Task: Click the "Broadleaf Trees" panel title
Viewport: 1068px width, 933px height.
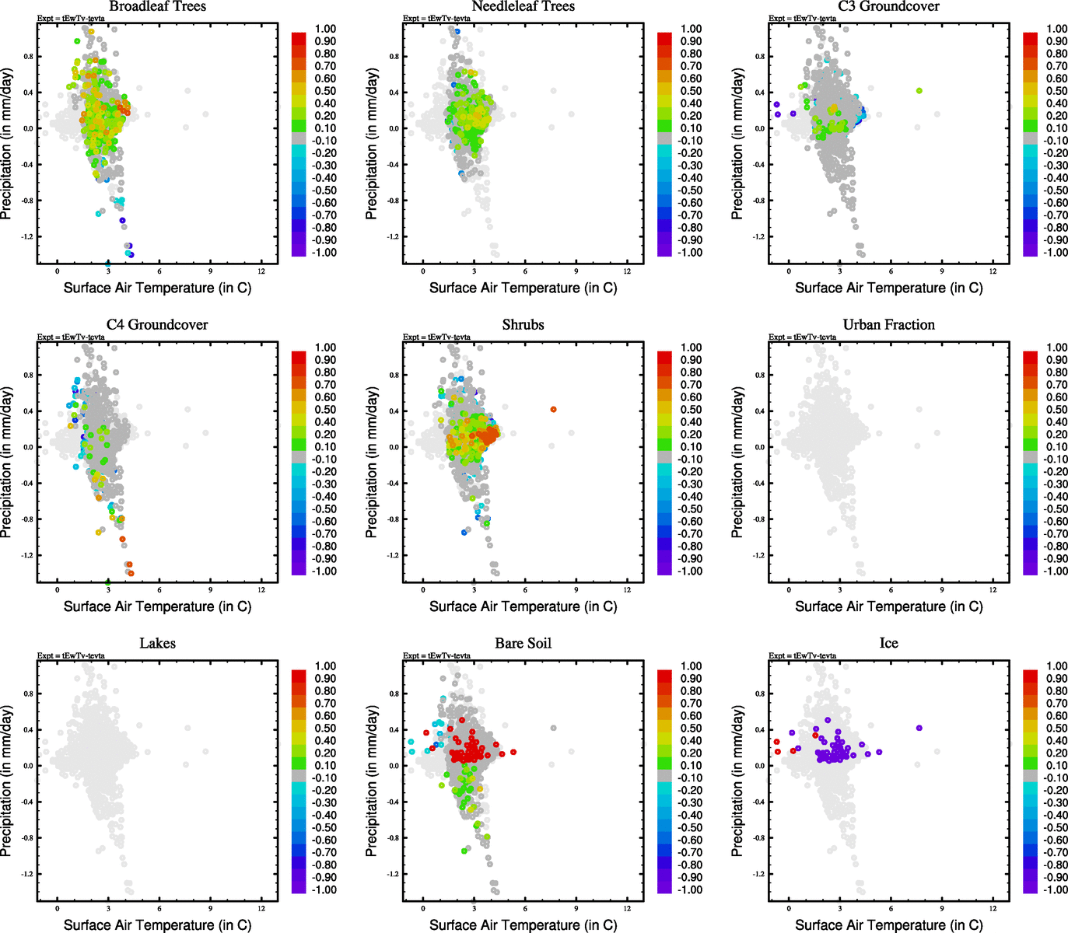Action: click(x=157, y=7)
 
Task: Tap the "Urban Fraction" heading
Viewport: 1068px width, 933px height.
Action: click(x=888, y=325)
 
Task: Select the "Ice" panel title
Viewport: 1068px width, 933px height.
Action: click(x=888, y=644)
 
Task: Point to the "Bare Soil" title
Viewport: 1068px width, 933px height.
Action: click(x=523, y=644)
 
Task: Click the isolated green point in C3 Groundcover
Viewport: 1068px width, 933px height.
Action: click(x=919, y=91)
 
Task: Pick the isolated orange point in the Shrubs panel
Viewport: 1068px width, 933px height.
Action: click(x=553, y=409)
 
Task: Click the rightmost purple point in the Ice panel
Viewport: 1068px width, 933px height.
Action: click(x=919, y=728)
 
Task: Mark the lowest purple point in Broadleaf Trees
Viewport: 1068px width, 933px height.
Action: click(x=131, y=254)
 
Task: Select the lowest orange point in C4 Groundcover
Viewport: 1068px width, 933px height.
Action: click(x=131, y=573)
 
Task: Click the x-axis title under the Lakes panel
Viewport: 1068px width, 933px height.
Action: click(x=157, y=924)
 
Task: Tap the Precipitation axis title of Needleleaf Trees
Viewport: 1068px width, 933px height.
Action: click(x=372, y=144)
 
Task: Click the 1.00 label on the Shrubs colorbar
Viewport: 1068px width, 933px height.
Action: click(x=692, y=348)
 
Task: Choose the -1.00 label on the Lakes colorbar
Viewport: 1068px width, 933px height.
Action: click(x=325, y=889)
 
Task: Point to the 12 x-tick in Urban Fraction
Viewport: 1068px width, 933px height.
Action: click(x=993, y=590)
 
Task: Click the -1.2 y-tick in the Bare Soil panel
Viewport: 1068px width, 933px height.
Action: click(x=394, y=874)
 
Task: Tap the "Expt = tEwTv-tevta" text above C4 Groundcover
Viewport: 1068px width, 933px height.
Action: click(x=71, y=337)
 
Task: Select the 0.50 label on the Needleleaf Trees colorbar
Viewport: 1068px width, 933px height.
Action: click(x=692, y=91)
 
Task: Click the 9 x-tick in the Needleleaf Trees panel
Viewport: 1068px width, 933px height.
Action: click(x=576, y=271)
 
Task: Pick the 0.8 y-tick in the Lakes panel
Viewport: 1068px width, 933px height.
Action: click(x=29, y=694)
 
